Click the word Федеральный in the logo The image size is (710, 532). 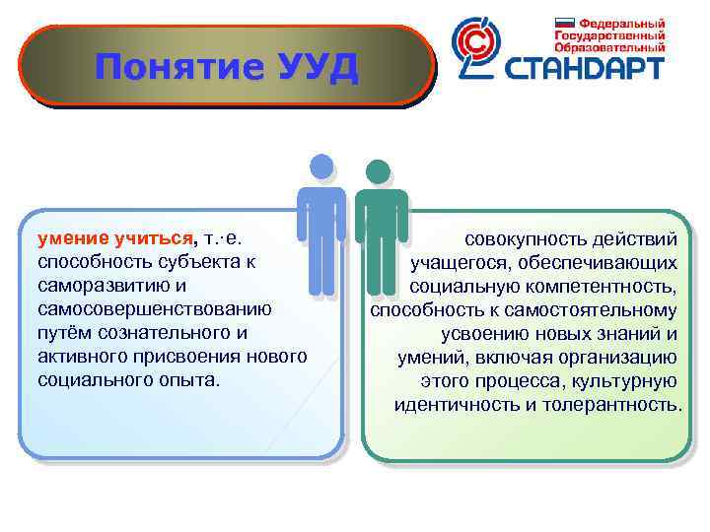620,22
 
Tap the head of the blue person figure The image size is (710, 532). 321,168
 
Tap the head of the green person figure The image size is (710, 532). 380,172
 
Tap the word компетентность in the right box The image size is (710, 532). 598,287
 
